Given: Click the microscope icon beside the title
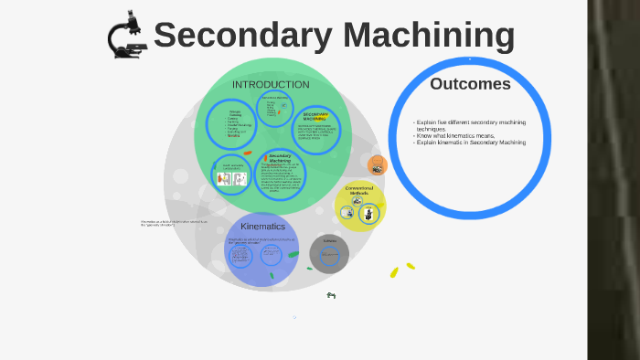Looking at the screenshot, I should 126,35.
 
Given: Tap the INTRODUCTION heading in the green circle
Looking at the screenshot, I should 271,85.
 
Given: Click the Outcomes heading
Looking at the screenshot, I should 470,84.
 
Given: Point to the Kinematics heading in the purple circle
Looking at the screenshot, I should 262,226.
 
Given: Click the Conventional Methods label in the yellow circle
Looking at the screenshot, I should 358,191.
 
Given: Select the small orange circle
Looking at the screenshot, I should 377,165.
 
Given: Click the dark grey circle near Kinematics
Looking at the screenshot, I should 329,254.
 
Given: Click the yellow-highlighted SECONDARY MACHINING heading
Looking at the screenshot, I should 315,116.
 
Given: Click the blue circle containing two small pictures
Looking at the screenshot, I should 230,174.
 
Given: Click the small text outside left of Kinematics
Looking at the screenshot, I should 174,223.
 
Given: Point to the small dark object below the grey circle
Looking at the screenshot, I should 331,295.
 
